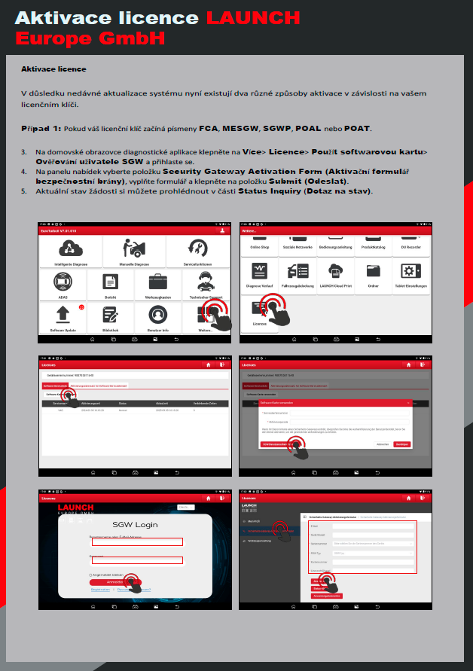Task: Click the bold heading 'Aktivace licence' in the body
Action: coord(53,69)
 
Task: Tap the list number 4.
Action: coord(23,172)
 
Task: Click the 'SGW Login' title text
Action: coord(136,524)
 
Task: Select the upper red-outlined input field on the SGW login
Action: coord(137,541)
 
